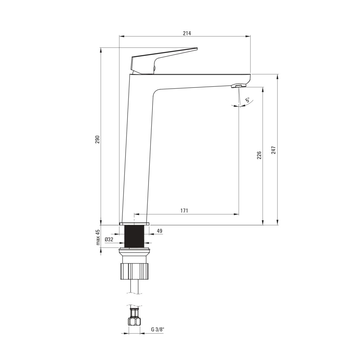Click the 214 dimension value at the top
click(x=187, y=33)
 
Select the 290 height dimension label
click(x=97, y=139)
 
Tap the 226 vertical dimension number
click(x=259, y=155)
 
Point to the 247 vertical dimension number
click(x=273, y=150)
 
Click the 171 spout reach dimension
click(x=185, y=211)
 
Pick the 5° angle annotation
click(x=247, y=100)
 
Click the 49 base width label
click(x=159, y=231)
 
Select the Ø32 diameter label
click(x=109, y=239)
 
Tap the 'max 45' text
click(x=98, y=237)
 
